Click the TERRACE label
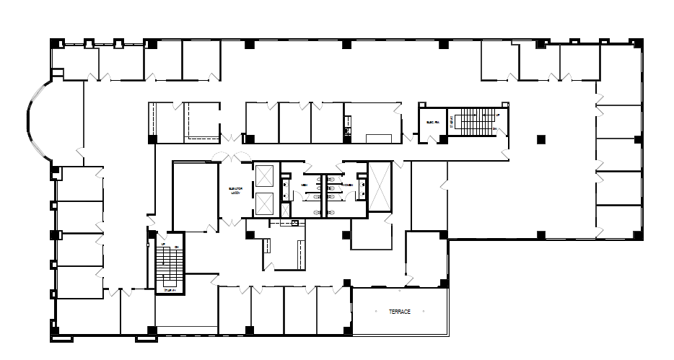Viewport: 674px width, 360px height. point(399,312)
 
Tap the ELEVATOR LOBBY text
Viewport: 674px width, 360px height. point(235,190)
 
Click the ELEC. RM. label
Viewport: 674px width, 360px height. point(434,122)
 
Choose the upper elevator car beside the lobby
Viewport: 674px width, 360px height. point(264,176)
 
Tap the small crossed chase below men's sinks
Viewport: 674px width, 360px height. point(285,211)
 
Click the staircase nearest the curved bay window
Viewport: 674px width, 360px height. point(169,264)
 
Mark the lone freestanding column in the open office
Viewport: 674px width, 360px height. point(540,137)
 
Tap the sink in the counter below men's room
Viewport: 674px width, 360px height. point(295,224)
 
